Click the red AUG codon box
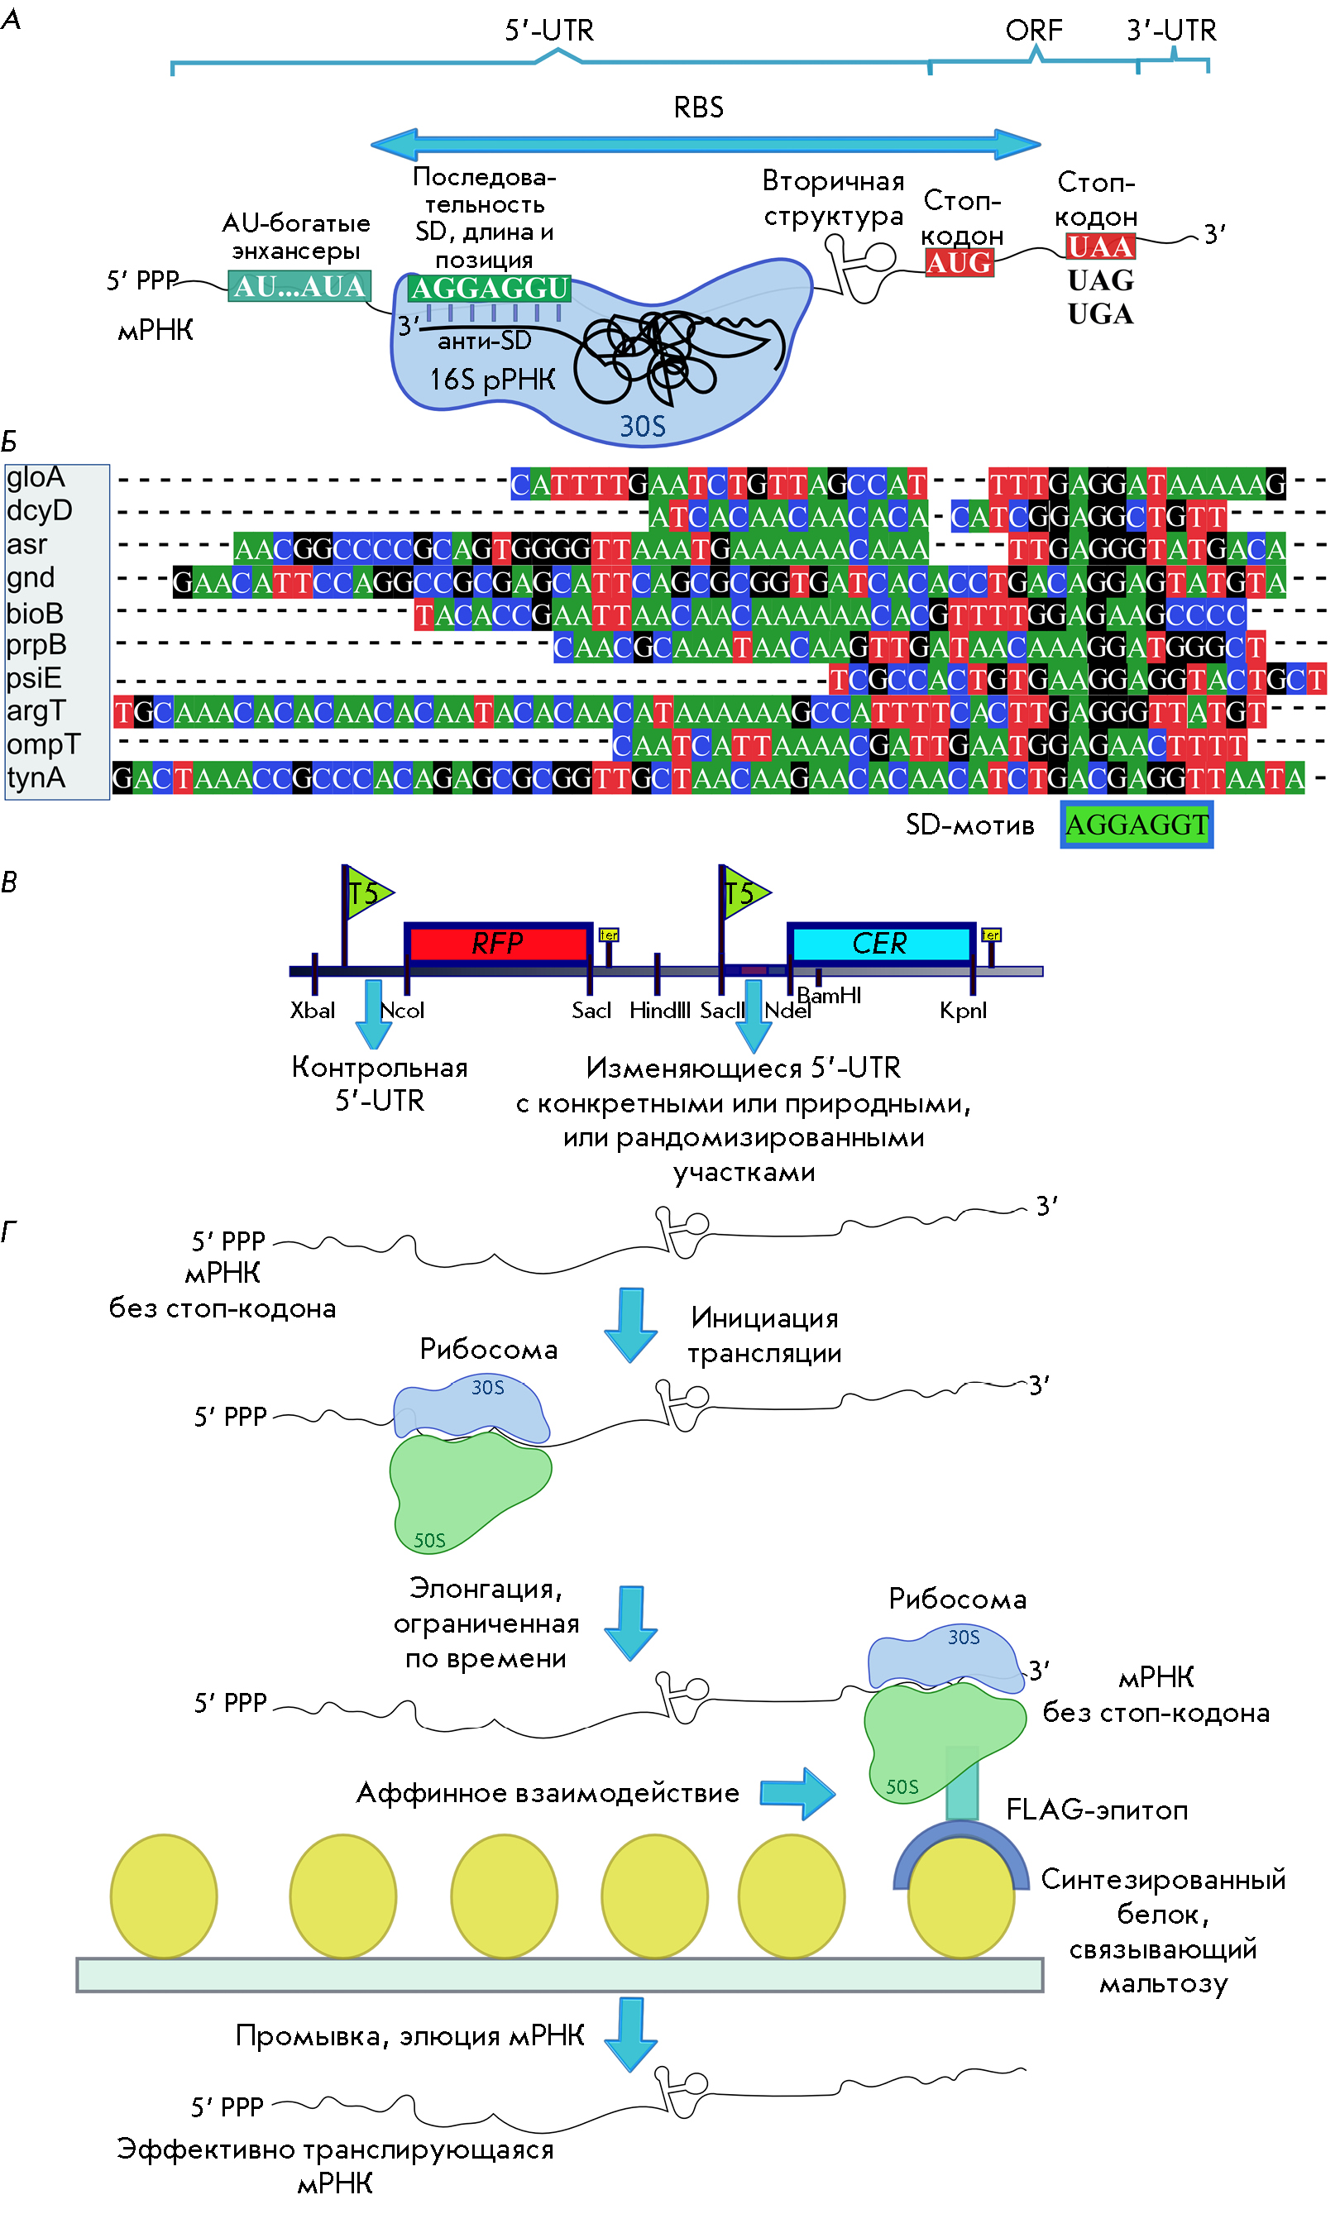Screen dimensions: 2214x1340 pyautogui.click(x=959, y=262)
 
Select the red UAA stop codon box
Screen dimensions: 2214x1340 pyautogui.click(x=1100, y=246)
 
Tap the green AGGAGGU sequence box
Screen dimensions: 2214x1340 pyautogui.click(x=489, y=288)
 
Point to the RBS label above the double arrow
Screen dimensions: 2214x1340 pyautogui.click(x=698, y=108)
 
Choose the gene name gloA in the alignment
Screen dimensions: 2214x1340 pyautogui.click(x=36, y=477)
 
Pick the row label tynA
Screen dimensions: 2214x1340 pyautogui.click(x=36, y=777)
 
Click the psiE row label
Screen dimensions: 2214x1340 pyautogui.click(x=34, y=677)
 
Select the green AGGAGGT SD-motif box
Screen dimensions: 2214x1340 pyautogui.click(x=1136, y=824)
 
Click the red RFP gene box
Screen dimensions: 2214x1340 pyautogui.click(x=498, y=943)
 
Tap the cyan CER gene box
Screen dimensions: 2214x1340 pyautogui.click(x=880, y=944)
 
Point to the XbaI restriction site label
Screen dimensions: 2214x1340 pyautogui.click(x=312, y=1010)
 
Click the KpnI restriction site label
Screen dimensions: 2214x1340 pyautogui.click(x=963, y=1010)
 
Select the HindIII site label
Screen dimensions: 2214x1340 pyautogui.click(x=660, y=1010)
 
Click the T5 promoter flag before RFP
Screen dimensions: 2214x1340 pyautogui.click(x=367, y=892)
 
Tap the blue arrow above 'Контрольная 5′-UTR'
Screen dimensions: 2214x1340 pyautogui.click(x=373, y=1015)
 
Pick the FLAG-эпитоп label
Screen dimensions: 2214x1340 pyautogui.click(x=1097, y=1809)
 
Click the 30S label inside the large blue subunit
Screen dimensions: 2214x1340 pyautogui.click(x=643, y=426)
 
